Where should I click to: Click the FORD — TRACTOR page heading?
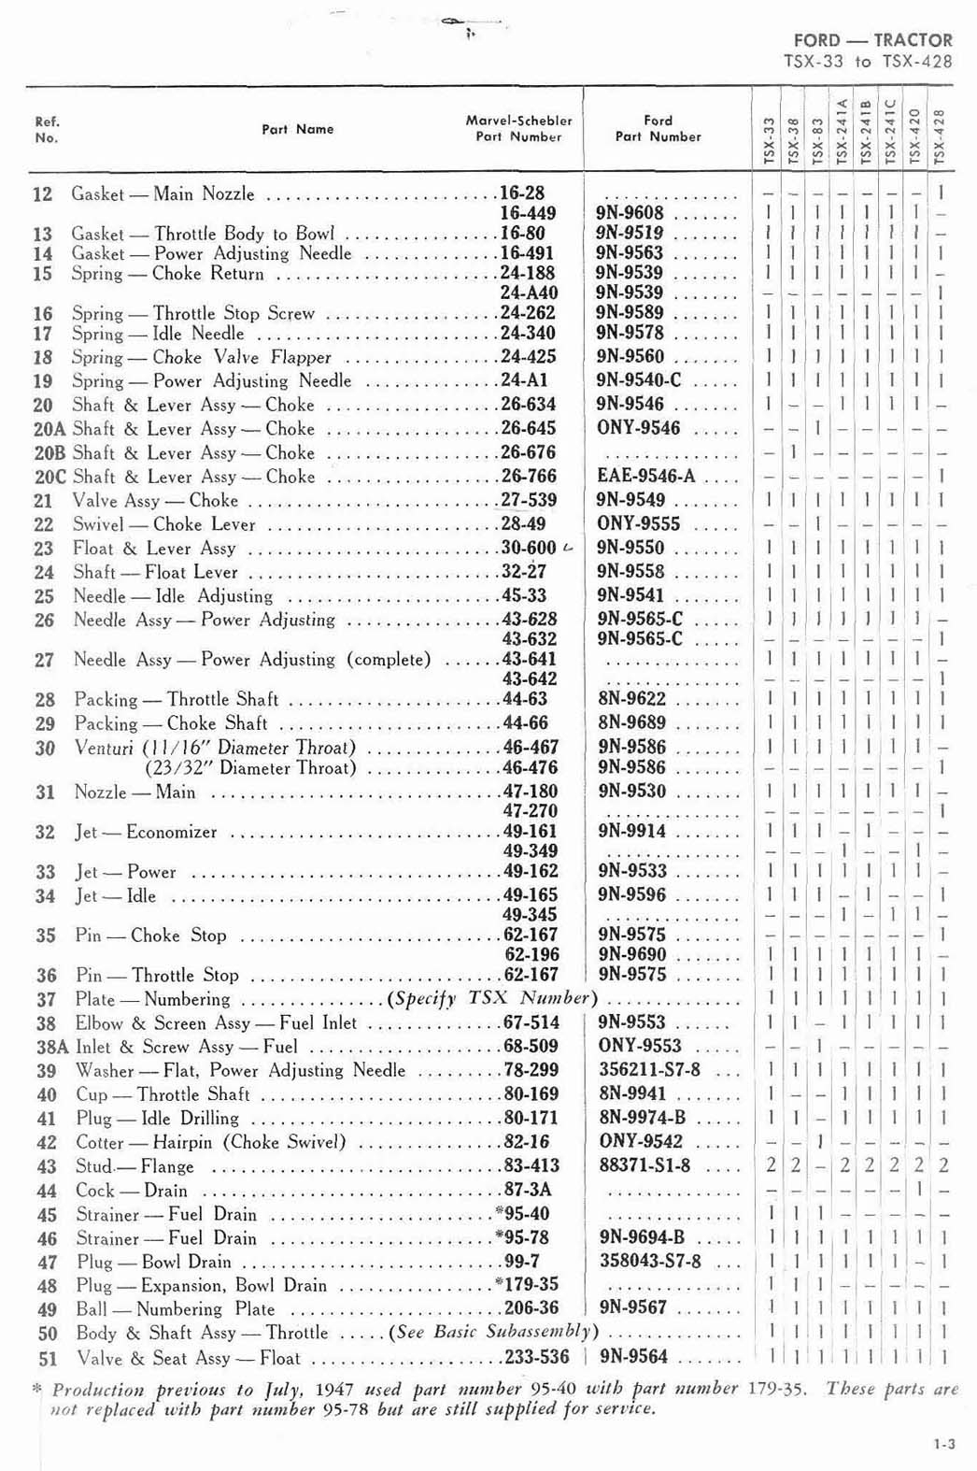point(872,40)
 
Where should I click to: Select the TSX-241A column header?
point(842,131)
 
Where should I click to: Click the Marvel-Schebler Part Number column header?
point(518,128)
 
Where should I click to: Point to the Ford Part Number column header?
point(658,128)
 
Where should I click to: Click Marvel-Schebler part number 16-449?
point(529,213)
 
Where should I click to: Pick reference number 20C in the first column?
point(49,477)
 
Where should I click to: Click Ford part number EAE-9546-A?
point(646,476)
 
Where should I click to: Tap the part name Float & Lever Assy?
point(154,549)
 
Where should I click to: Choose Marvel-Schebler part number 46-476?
point(531,768)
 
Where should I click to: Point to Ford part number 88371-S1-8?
point(644,1165)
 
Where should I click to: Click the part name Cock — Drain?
point(132,1191)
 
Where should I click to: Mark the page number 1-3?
point(943,1445)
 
